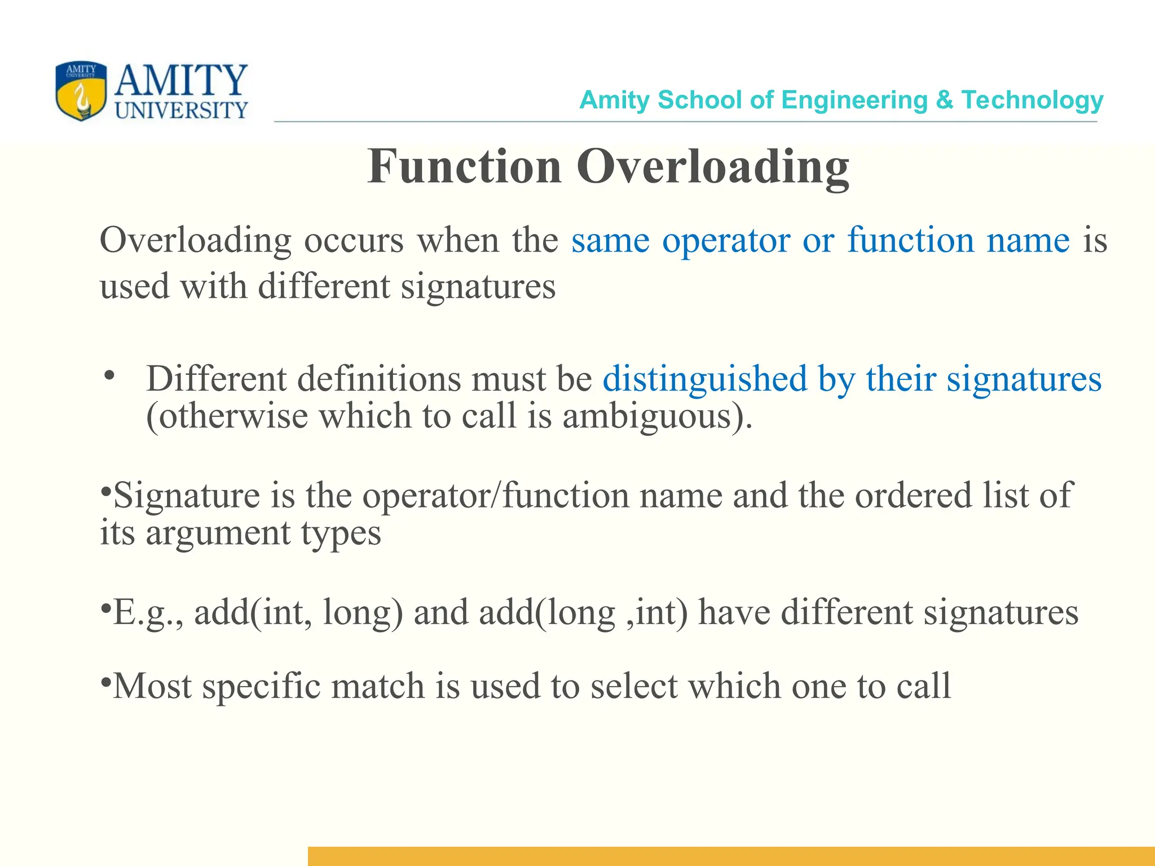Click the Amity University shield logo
[81, 91]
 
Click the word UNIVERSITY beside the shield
[181, 111]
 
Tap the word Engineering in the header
[854, 100]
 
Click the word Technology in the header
[1032, 100]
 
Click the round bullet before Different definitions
[109, 375]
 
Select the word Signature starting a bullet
[187, 496]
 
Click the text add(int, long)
[298, 613]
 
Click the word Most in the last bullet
[152, 686]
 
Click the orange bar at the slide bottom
[731, 856]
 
